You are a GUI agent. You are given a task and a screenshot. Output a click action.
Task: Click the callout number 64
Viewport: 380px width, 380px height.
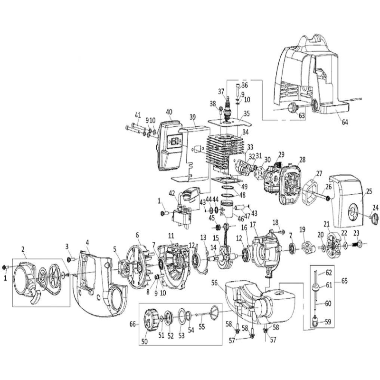click(x=345, y=122)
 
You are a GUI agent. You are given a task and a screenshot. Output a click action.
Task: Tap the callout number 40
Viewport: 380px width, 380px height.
click(x=169, y=112)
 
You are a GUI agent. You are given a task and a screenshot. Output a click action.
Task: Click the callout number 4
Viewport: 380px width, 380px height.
click(x=87, y=242)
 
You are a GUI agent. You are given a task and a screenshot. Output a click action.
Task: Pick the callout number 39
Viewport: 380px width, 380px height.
click(x=192, y=117)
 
